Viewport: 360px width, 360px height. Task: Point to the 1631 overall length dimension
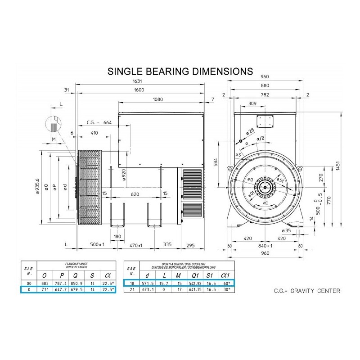142,81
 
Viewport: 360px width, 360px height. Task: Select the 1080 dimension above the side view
158,99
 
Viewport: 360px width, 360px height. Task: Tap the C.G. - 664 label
99,122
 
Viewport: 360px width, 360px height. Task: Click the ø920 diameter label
124,174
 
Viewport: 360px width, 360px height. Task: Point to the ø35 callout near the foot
285,230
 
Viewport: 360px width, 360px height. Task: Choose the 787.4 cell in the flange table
59,283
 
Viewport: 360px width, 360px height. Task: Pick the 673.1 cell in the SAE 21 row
147,290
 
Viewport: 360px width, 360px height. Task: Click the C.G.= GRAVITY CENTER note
307,291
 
